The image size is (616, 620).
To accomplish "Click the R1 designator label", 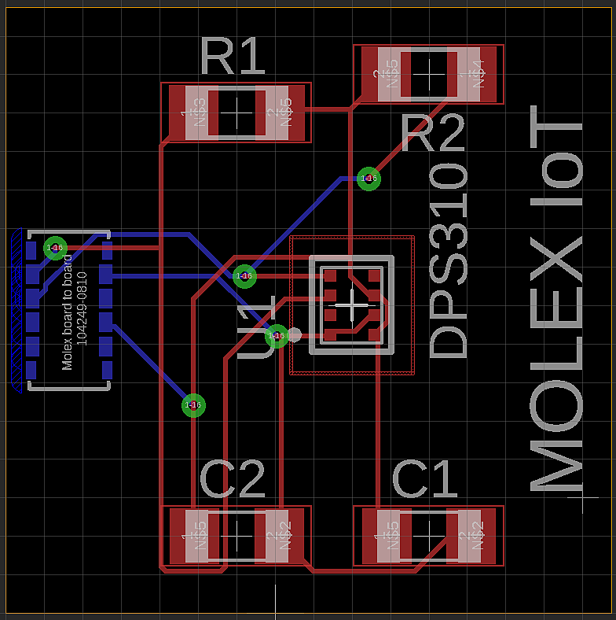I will [233, 56].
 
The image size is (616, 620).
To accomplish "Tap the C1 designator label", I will [424, 479].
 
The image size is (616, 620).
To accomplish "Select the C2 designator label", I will [233, 479].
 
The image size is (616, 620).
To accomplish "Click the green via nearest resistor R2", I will [368, 179].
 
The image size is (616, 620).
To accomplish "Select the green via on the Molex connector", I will [55, 248].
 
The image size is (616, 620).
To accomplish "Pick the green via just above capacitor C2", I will [193, 405].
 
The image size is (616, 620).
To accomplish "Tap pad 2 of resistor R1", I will [280, 113].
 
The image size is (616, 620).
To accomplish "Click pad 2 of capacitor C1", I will [473, 535].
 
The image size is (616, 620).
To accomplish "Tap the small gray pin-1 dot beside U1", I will [295, 334].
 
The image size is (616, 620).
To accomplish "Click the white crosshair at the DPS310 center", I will [350, 303].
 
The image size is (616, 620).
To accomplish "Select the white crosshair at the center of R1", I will [236, 113].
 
